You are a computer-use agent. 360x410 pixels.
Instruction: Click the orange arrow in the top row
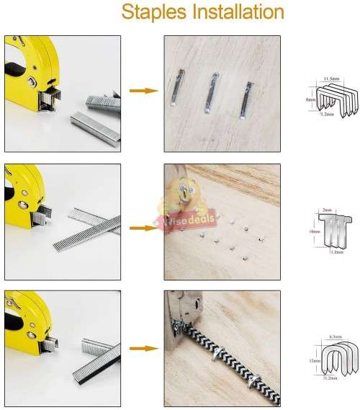[143, 91]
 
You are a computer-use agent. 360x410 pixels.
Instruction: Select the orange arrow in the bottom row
[143, 348]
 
